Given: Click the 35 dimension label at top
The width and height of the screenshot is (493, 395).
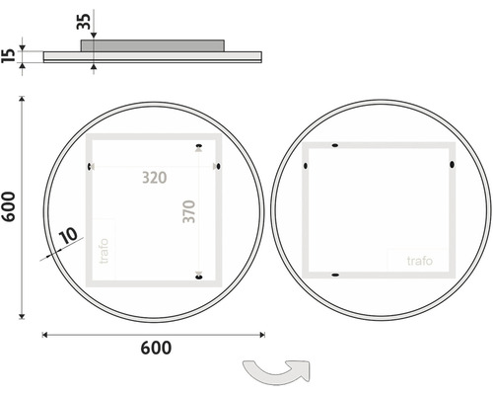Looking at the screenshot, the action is (x=84, y=22).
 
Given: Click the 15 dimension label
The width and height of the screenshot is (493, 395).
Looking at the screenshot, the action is (x=9, y=55).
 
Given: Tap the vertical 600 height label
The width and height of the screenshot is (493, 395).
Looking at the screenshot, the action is (x=9, y=206).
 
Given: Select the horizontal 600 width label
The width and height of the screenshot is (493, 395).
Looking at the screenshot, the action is (x=156, y=348).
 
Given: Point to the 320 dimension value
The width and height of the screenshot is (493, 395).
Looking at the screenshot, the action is (x=155, y=178).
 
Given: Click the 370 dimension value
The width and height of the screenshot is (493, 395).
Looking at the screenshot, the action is (x=189, y=211).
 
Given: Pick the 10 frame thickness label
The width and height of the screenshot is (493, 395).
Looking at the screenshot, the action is (x=68, y=235).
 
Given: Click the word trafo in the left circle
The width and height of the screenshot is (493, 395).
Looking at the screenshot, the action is (x=104, y=251).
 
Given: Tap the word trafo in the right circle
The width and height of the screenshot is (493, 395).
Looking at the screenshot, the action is (x=420, y=261).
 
